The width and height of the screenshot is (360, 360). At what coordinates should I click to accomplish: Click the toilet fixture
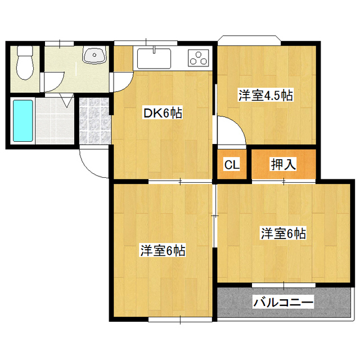click(25, 62)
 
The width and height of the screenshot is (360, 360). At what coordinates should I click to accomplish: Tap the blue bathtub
click(22, 120)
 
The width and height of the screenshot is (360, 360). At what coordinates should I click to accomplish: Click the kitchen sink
click(154, 58)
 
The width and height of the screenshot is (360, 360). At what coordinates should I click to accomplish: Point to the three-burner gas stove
click(199, 57)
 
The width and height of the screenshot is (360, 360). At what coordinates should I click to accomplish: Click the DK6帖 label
click(163, 113)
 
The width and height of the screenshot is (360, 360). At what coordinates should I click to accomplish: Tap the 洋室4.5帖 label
click(265, 95)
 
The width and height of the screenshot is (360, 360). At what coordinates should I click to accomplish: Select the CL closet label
click(232, 164)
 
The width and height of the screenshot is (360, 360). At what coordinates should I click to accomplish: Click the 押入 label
click(283, 164)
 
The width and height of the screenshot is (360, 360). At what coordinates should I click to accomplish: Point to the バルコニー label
click(283, 302)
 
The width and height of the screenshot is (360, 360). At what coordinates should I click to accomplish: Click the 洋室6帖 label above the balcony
click(283, 233)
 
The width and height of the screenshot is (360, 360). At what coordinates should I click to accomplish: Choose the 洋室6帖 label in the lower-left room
click(163, 250)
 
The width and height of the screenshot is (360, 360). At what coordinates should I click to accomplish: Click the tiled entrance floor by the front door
click(94, 121)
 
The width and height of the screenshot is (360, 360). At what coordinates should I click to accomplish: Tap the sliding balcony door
click(283, 285)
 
